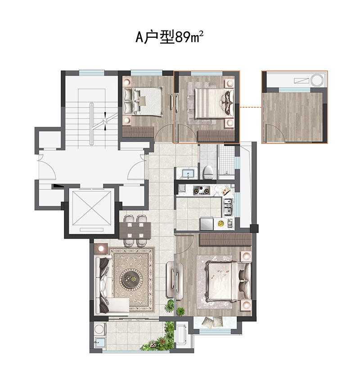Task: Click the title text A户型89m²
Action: [x=170, y=37]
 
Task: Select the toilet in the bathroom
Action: [x=208, y=172]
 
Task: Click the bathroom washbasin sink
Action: [x=188, y=173]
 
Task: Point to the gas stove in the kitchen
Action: [x=201, y=190]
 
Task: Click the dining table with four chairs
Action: [x=135, y=230]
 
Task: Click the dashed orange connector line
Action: [x=250, y=107]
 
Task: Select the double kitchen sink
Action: [x=228, y=206]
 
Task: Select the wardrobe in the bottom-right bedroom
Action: [x=225, y=240]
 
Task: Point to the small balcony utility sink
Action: [x=99, y=342]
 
